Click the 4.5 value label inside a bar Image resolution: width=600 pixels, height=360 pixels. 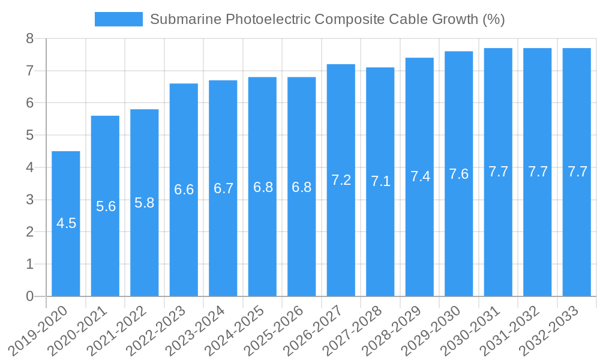click(66, 223)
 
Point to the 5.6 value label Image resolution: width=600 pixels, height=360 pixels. click(106, 206)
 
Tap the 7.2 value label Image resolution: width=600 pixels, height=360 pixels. click(341, 179)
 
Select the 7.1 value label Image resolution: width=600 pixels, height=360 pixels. click(380, 181)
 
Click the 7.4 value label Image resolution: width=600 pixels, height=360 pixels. click(420, 176)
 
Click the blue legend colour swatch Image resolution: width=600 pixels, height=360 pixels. click(118, 19)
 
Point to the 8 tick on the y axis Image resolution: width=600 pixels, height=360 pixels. click(29, 39)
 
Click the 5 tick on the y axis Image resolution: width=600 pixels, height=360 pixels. click(29, 136)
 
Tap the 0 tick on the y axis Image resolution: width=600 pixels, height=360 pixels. click(29, 296)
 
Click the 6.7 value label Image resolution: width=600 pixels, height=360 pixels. click(223, 188)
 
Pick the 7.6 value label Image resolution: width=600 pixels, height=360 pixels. click(459, 174)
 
